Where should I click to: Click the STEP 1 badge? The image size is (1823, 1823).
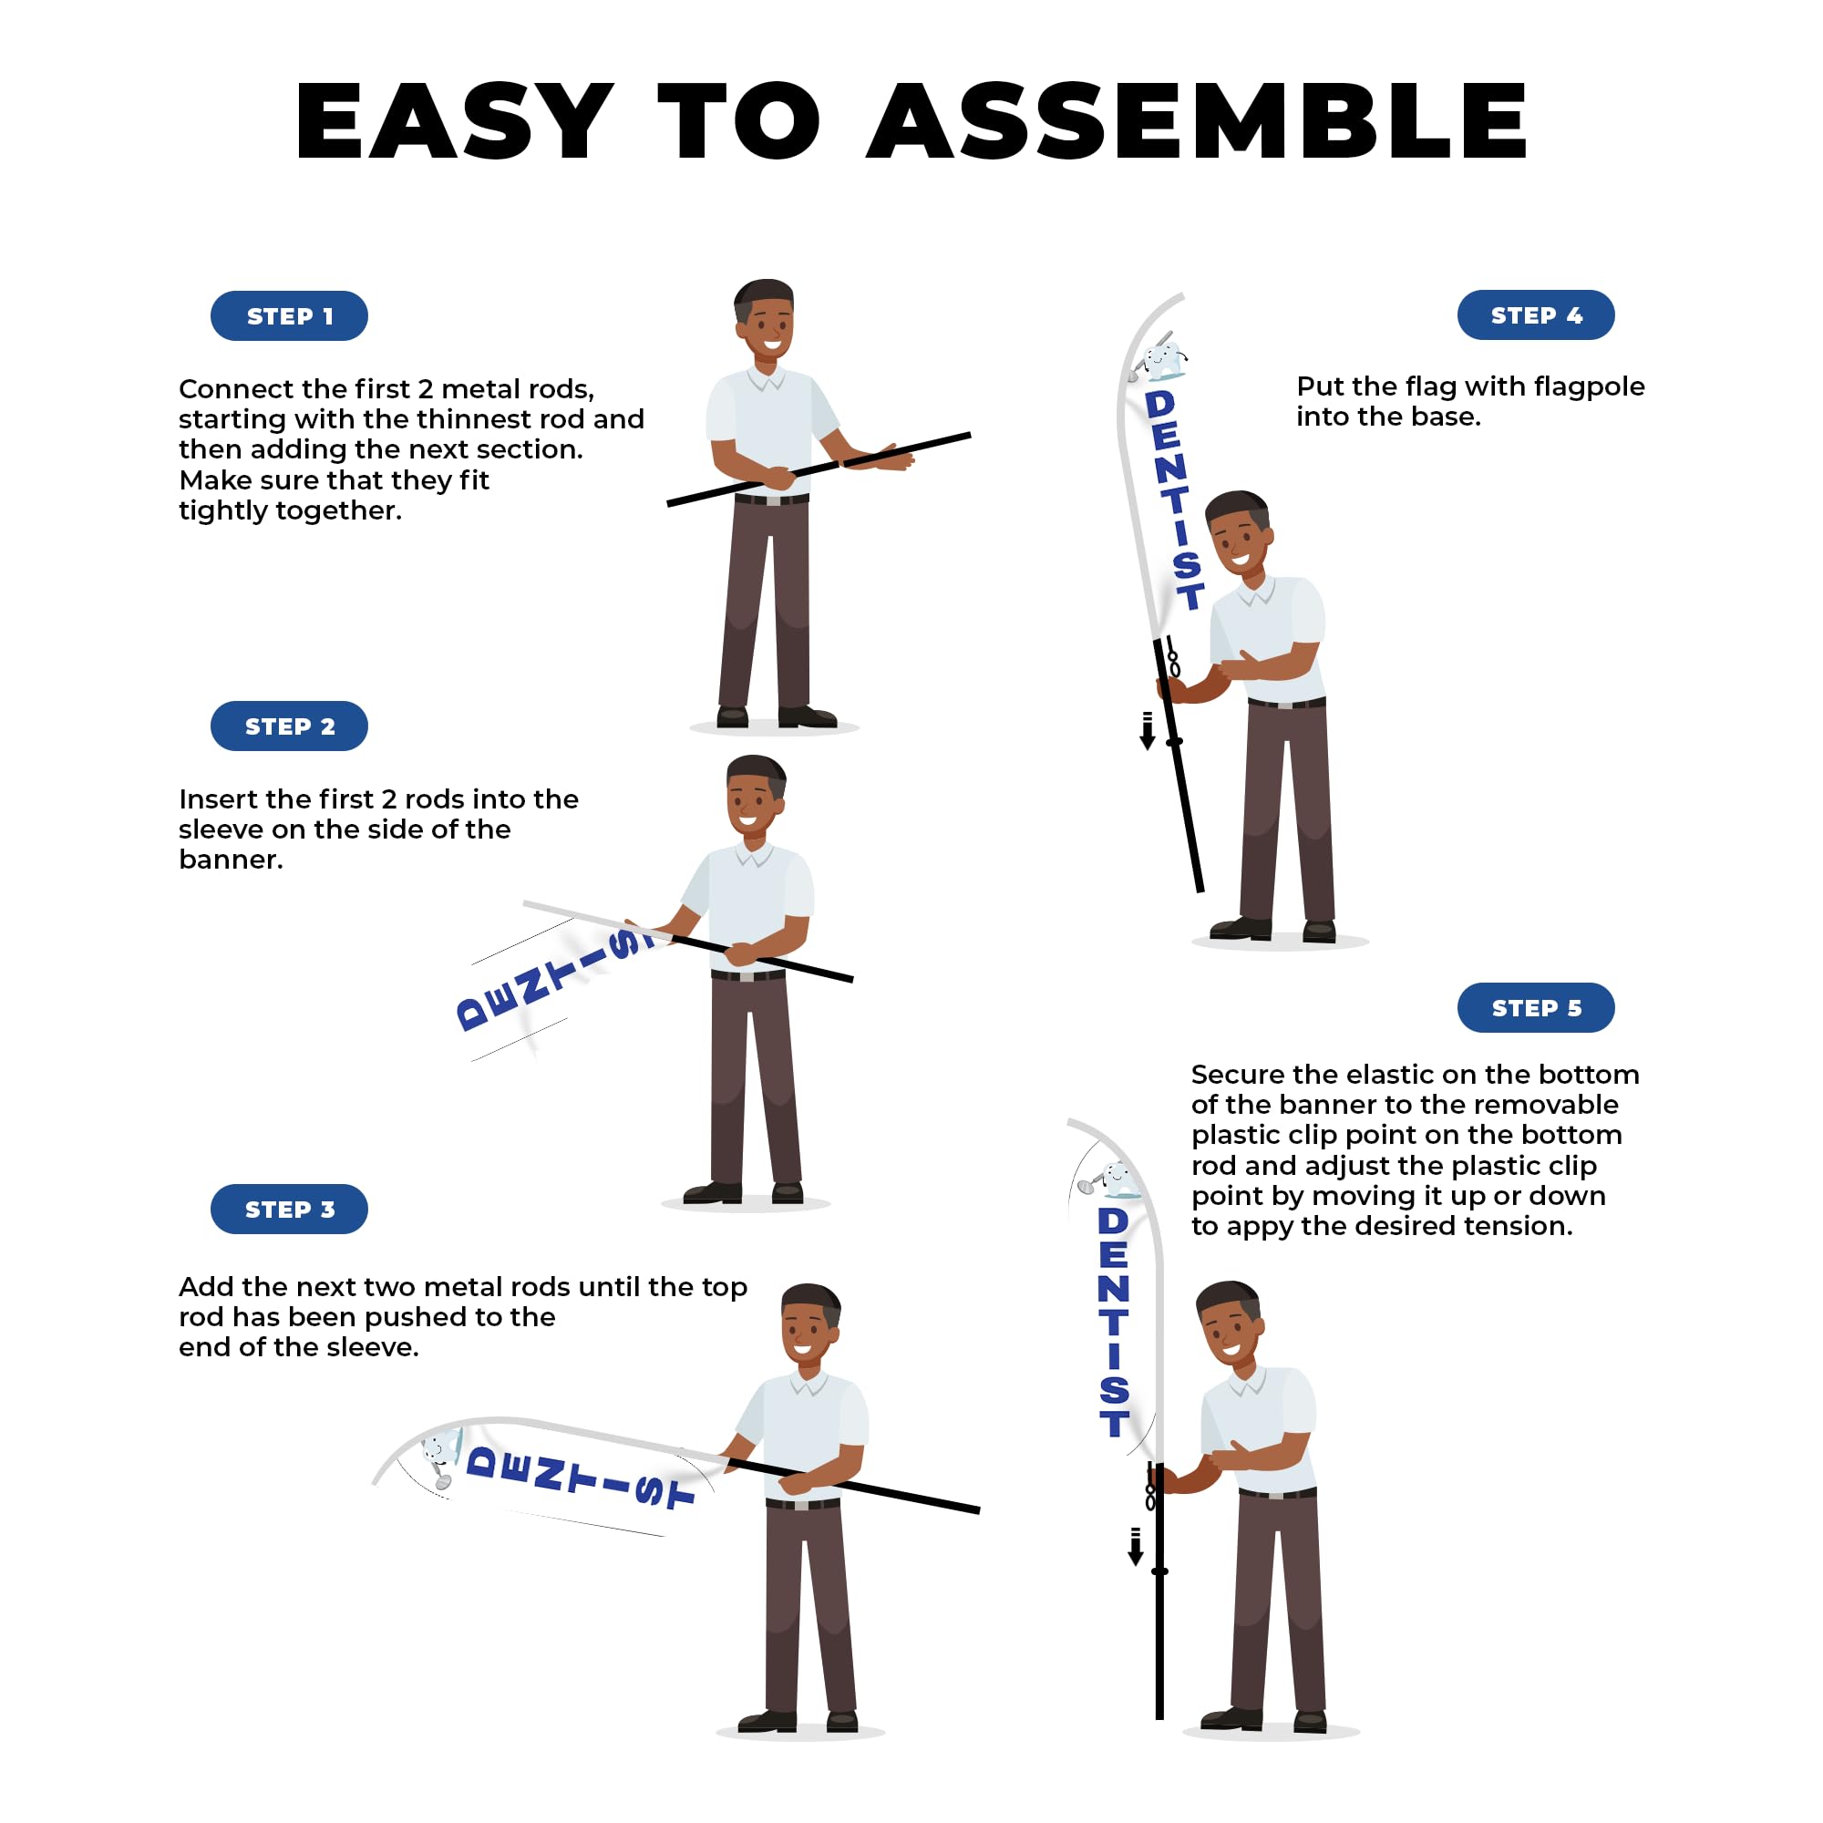click(289, 316)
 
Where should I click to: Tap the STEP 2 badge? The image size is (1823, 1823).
click(289, 726)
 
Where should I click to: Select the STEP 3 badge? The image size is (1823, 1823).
click(289, 1210)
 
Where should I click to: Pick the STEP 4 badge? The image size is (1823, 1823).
click(1536, 315)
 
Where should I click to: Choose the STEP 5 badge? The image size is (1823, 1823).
click(1536, 1008)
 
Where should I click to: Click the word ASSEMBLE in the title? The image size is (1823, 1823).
click(1198, 121)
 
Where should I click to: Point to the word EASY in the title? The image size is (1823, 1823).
click(455, 121)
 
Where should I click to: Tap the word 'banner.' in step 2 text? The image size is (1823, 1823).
click(232, 860)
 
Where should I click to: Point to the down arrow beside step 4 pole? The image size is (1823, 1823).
click(1148, 731)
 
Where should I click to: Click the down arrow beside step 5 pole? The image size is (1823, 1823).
click(1136, 1548)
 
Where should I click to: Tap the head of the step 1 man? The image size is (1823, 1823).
click(766, 320)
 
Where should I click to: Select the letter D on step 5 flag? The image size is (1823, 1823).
click(1114, 1221)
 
